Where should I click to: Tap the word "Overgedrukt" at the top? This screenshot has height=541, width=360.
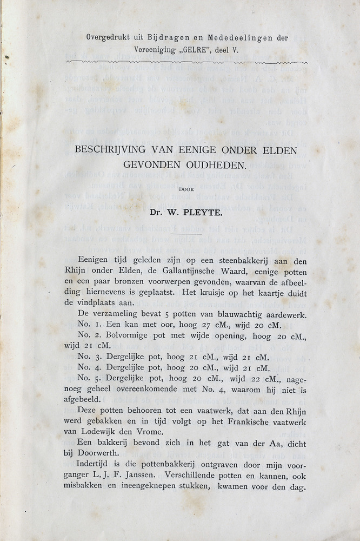tap(111, 38)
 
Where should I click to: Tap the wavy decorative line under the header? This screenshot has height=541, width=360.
tap(186, 63)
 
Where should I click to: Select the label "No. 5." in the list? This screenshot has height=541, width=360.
tap(90, 379)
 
